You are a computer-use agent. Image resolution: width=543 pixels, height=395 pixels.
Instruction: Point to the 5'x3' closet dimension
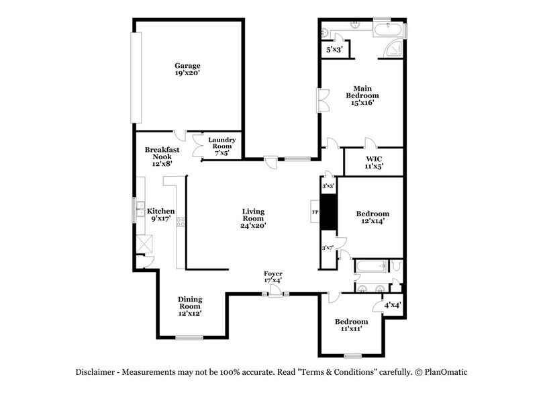pyautogui.click(x=334, y=50)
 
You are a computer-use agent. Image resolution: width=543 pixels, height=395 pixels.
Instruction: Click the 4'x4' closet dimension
pyautogui.click(x=392, y=305)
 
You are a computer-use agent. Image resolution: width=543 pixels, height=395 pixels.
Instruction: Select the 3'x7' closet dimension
pyautogui.click(x=328, y=248)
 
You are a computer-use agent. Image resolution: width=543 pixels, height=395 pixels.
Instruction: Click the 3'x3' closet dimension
pyautogui.click(x=328, y=185)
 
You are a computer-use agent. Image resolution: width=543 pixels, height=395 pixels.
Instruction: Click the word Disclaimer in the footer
pyautogui.click(x=93, y=372)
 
